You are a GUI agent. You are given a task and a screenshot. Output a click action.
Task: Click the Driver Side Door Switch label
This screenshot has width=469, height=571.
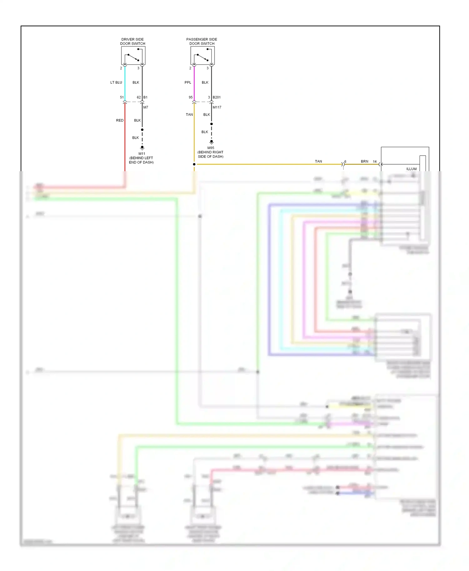[x=133, y=42]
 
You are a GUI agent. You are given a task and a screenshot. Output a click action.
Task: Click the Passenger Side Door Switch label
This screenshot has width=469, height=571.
[x=202, y=42]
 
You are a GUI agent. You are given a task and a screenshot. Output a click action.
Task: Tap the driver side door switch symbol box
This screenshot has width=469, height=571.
[x=133, y=56]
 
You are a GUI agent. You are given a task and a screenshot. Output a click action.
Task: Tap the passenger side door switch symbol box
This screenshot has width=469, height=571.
[x=203, y=56]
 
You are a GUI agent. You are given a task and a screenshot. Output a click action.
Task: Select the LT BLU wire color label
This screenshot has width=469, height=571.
[x=116, y=82]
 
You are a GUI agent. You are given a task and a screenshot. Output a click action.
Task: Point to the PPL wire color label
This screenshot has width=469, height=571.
[x=188, y=82]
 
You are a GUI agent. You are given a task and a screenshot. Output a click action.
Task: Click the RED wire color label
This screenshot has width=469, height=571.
[x=120, y=120]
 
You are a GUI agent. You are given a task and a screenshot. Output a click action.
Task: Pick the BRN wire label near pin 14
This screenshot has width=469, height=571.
[x=365, y=161]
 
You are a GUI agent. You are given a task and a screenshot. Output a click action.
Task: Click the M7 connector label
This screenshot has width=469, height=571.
[x=146, y=107]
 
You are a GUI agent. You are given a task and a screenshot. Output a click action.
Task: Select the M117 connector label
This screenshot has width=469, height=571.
[x=217, y=107]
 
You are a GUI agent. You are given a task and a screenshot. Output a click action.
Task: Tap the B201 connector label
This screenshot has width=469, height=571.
[x=217, y=97]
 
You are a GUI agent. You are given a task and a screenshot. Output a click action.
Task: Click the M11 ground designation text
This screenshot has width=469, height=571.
[x=142, y=154]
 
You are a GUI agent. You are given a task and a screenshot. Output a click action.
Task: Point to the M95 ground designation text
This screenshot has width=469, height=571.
[x=211, y=148]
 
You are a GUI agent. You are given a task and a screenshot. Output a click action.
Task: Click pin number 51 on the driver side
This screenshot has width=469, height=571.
[x=122, y=97]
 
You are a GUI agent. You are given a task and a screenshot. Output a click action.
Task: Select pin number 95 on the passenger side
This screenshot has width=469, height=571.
[x=191, y=97]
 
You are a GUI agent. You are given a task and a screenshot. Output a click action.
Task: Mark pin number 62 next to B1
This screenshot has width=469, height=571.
[x=139, y=97]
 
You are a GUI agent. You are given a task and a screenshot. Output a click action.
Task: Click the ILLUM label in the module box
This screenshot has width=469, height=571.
[x=411, y=169]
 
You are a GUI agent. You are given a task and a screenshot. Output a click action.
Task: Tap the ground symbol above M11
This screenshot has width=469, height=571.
[x=142, y=147]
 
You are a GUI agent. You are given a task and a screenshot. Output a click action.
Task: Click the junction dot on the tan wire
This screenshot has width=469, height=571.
[x=194, y=164]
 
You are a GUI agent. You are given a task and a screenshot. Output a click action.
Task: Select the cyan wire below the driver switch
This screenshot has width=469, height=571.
[x=125, y=83]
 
